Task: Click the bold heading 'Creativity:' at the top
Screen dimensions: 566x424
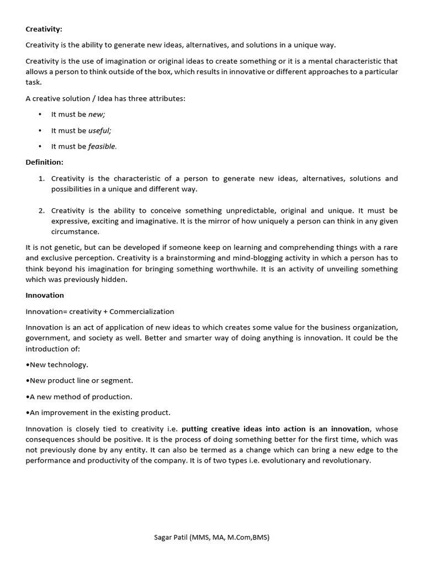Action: click(44, 29)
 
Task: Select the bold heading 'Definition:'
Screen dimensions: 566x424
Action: click(45, 162)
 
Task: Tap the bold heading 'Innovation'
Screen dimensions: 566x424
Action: click(45, 295)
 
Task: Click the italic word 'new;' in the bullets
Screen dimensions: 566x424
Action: click(97, 114)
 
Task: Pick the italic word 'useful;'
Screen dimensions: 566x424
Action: click(100, 130)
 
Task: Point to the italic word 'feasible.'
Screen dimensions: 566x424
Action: click(103, 146)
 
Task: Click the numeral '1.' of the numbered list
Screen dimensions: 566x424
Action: click(41, 179)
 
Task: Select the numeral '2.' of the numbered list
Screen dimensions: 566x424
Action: click(41, 211)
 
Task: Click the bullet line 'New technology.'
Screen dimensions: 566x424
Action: click(57, 364)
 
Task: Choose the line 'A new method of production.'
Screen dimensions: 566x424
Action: click(79, 396)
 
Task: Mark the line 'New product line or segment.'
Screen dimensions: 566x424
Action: click(79, 380)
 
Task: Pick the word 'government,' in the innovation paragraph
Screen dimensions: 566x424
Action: click(47, 338)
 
